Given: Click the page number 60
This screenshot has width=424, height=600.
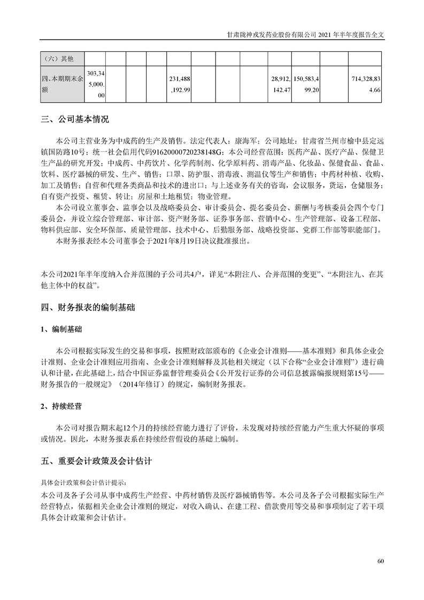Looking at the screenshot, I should pos(381,560).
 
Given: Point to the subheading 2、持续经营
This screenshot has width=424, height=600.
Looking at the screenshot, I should pos(61,406).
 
